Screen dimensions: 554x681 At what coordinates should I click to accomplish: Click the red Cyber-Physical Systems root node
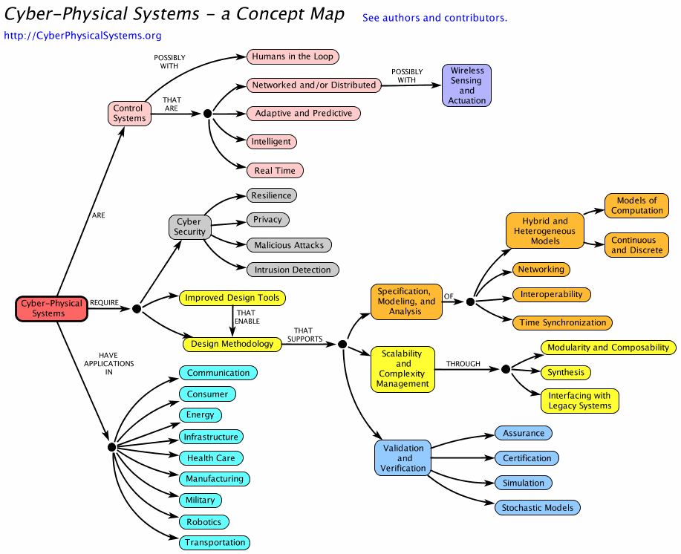click(50, 308)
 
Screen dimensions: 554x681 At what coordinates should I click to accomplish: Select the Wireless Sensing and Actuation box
click(466, 85)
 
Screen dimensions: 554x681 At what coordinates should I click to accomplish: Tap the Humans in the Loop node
click(293, 56)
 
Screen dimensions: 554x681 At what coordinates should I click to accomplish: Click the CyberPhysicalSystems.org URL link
click(82, 35)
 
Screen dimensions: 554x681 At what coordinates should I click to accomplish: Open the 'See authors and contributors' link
click(434, 18)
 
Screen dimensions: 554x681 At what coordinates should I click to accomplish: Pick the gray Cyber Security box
click(189, 227)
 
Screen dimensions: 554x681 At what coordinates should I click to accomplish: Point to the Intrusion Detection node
click(293, 270)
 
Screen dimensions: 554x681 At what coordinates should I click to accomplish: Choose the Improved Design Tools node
click(232, 298)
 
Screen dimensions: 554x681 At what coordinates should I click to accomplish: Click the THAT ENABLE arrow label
click(246, 318)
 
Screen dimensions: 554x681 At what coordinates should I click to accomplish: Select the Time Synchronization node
click(562, 322)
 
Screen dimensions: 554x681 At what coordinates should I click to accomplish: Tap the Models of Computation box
click(636, 206)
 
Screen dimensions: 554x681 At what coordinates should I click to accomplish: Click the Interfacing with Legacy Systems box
click(580, 401)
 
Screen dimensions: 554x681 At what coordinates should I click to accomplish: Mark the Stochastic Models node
click(538, 508)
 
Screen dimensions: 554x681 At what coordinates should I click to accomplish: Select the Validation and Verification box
click(403, 458)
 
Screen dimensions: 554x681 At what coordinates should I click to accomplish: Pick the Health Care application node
click(211, 458)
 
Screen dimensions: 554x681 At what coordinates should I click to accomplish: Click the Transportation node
click(215, 543)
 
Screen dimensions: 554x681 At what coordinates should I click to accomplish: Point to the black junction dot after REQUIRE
click(137, 308)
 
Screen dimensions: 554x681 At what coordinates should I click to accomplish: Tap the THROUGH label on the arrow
click(463, 364)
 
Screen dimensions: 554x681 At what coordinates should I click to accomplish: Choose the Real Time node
click(275, 171)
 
